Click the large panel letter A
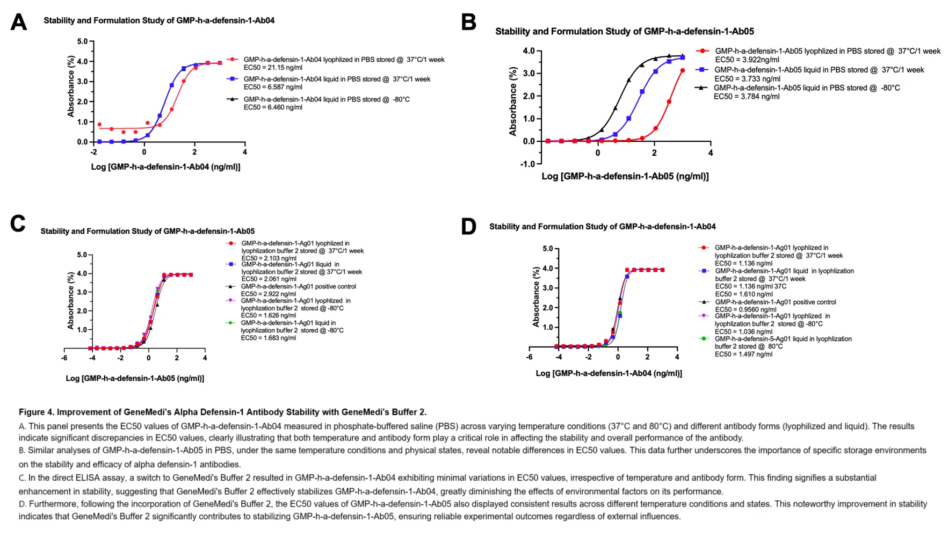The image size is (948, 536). [x=19, y=23]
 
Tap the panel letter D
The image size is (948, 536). [x=468, y=227]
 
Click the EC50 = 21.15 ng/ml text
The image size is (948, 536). [x=273, y=68]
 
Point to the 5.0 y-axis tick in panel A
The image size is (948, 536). [x=82, y=41]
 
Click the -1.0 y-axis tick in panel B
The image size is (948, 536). [x=527, y=164]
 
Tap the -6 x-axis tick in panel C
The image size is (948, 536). [x=64, y=358]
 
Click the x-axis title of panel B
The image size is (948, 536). [x=625, y=176]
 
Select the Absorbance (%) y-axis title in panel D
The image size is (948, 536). [x=535, y=297]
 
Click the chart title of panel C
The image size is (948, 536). [x=147, y=231]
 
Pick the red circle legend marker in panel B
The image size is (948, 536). [x=703, y=51]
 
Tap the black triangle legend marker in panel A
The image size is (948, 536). [x=232, y=99]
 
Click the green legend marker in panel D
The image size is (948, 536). [x=704, y=339]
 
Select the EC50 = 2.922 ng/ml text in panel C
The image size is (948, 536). [x=268, y=294]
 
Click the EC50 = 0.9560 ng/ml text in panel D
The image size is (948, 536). [x=745, y=309]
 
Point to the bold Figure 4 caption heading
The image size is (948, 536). [x=222, y=412]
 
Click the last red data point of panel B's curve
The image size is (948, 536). [x=683, y=70]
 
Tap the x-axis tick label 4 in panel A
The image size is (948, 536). [x=245, y=152]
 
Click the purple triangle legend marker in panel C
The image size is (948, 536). [x=230, y=301]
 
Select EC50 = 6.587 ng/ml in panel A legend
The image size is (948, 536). [x=273, y=87]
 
